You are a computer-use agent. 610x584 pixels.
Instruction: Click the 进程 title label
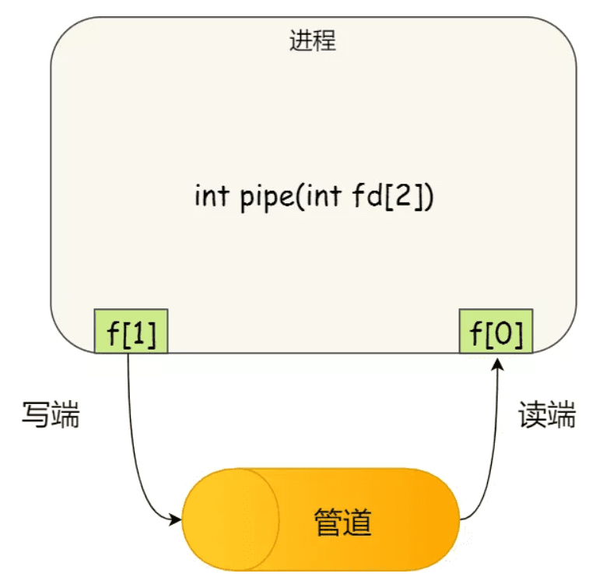(x=313, y=41)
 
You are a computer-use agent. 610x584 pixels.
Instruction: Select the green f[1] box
(x=131, y=332)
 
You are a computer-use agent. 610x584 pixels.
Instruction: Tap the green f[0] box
(x=496, y=332)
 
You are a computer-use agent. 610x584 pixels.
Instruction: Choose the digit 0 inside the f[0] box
(x=503, y=332)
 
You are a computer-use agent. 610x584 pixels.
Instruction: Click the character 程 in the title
(x=324, y=41)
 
